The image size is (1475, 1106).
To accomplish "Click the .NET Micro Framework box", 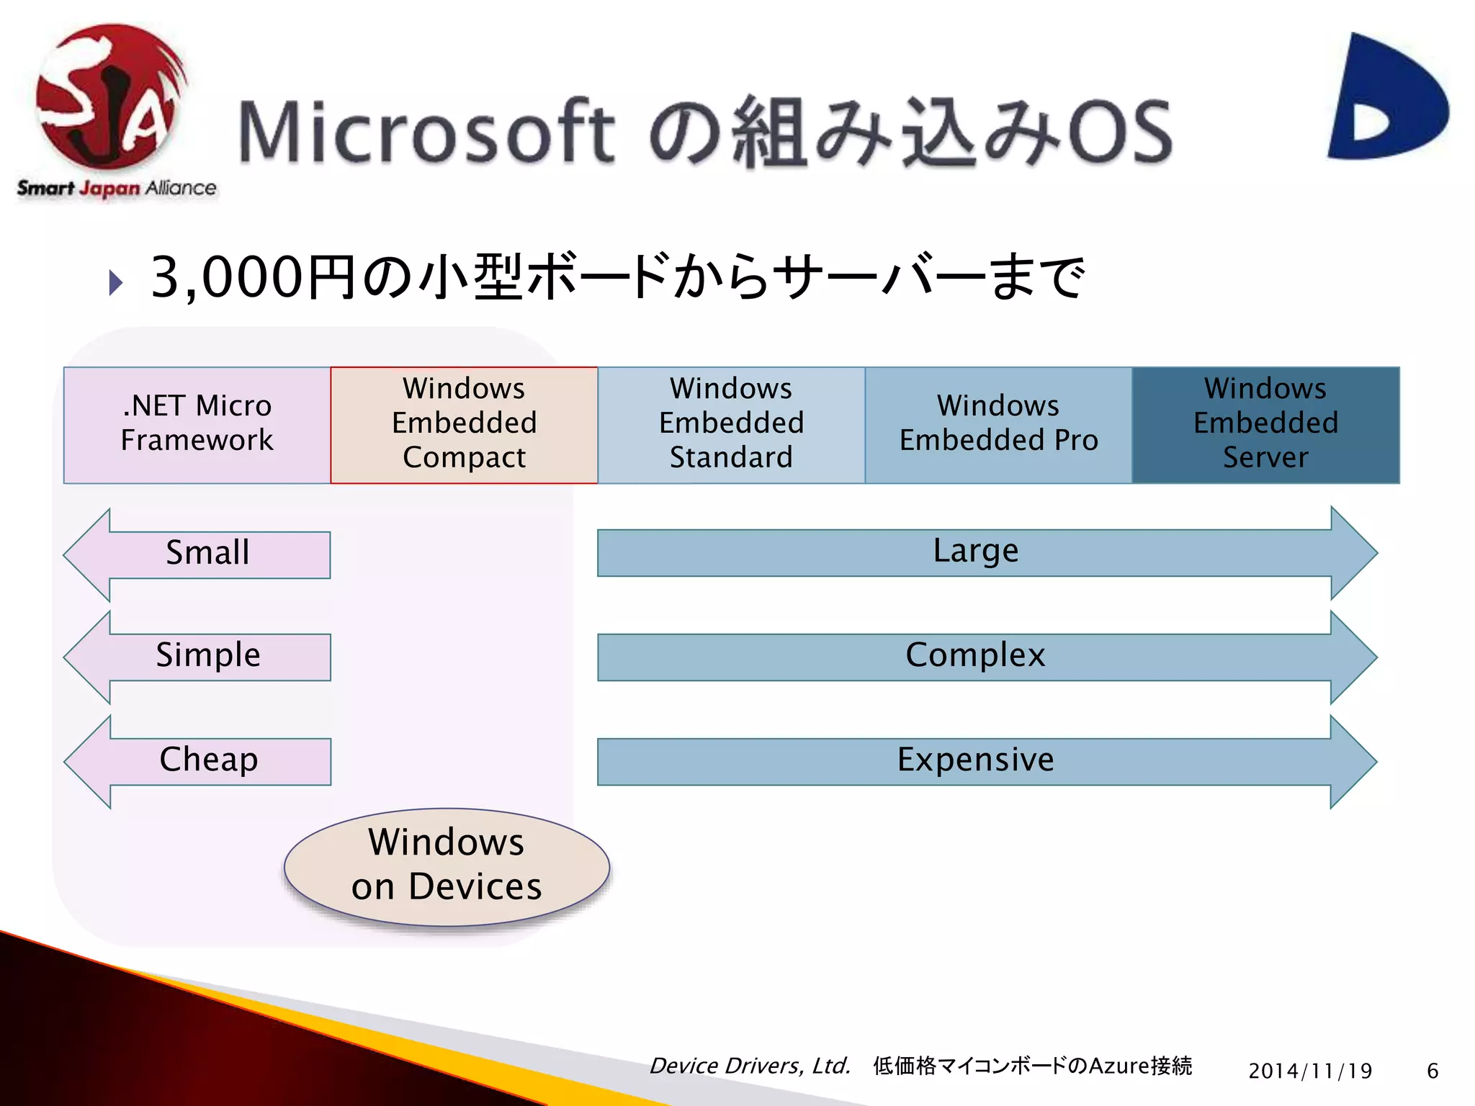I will click(x=197, y=424).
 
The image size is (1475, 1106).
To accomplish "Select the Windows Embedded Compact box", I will click(x=464, y=424).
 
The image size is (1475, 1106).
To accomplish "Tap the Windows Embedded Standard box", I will click(x=731, y=424).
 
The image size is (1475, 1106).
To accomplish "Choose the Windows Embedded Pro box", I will click(x=998, y=424).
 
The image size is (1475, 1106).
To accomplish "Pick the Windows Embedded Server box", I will click(x=1265, y=424).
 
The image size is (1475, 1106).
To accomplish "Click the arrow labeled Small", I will click(x=207, y=554).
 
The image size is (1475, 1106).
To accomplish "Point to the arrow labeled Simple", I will click(x=207, y=656).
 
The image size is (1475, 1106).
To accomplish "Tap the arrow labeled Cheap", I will click(x=207, y=760).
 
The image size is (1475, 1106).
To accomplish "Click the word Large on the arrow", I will click(x=976, y=552).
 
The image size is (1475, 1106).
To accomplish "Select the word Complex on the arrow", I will click(x=975, y=656).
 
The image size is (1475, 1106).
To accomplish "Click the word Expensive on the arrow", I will click(x=975, y=760).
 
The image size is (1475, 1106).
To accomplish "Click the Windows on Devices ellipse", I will click(x=447, y=866).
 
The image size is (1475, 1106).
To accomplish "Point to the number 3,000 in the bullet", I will click(x=226, y=277).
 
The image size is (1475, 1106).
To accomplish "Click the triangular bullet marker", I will click(x=115, y=282).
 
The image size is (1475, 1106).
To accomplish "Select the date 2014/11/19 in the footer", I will click(x=1310, y=1071).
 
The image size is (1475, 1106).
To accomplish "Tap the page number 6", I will click(x=1433, y=1071).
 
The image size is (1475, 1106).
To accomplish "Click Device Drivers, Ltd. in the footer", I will click(x=750, y=1066).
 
